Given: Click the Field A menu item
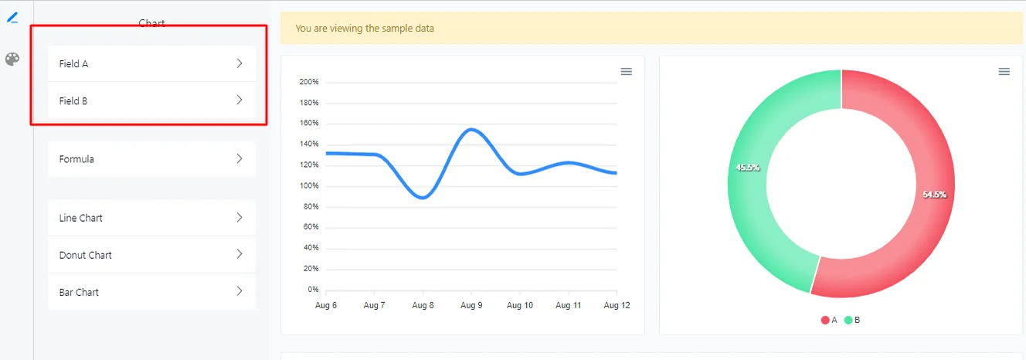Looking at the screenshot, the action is point(151,63).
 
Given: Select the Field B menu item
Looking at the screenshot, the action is point(151,100).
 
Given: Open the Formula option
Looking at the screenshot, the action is point(151,159).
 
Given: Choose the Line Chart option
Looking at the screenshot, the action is point(151,218).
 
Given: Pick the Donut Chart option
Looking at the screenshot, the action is point(151,255).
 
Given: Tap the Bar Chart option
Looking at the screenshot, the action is point(151,292).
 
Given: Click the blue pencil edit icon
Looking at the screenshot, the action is point(12,18).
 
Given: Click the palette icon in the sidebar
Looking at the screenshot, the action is point(12,59).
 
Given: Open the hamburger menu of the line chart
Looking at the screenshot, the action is point(626,71).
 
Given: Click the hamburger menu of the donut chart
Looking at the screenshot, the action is point(1004,71).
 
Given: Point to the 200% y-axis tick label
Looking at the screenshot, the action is point(309,82).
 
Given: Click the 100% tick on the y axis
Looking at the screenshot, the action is point(309,185).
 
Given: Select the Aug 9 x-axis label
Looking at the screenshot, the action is point(471,305).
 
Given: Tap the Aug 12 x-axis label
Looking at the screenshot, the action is point(617,305).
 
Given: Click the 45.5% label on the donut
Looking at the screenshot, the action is point(748,168).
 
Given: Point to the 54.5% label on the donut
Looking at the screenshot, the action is point(934,195).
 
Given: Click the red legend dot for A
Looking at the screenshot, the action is point(825,320).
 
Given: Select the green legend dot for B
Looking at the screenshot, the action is point(848,320).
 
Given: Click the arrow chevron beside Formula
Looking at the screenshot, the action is point(240,159).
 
